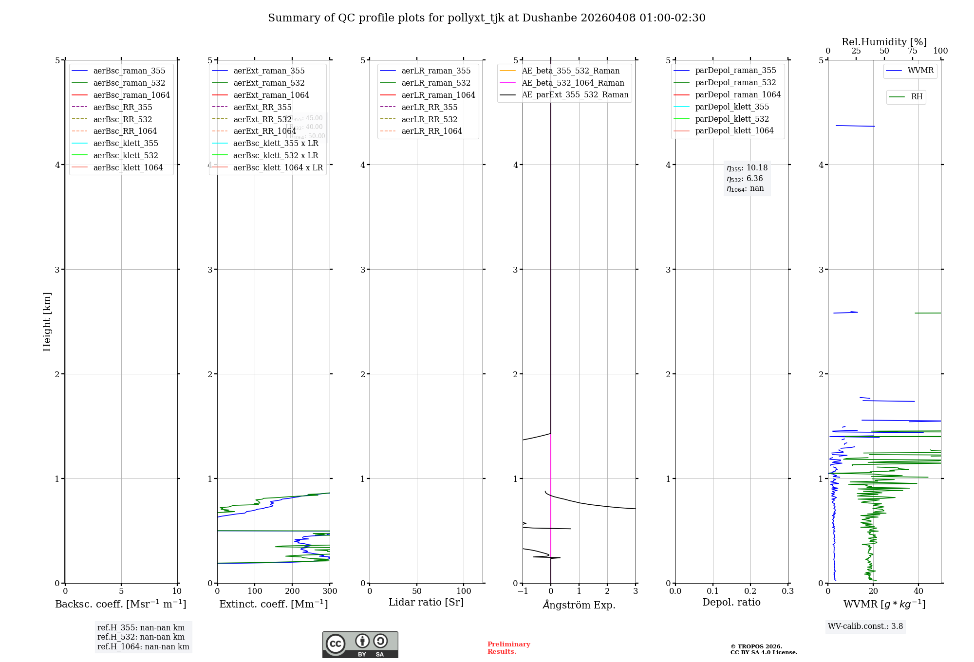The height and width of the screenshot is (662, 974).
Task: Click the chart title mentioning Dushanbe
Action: [x=487, y=18]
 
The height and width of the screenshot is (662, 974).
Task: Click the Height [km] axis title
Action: [x=47, y=322]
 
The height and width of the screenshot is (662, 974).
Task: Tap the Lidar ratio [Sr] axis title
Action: [x=426, y=602]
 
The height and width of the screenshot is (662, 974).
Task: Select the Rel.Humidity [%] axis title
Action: [x=884, y=42]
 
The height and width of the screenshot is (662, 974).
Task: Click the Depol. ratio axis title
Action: [x=731, y=602]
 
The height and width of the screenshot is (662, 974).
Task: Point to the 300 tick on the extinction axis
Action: [x=330, y=591]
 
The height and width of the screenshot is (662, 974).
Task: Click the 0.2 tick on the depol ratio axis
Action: [x=750, y=591]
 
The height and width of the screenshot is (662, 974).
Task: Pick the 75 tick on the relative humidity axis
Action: [x=912, y=51]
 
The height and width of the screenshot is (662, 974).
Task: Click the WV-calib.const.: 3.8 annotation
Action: [x=865, y=626]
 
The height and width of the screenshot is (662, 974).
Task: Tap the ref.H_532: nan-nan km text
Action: [x=141, y=637]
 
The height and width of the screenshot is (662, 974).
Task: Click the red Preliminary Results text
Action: [x=508, y=648]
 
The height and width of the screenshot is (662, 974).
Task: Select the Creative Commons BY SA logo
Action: [x=360, y=644]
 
